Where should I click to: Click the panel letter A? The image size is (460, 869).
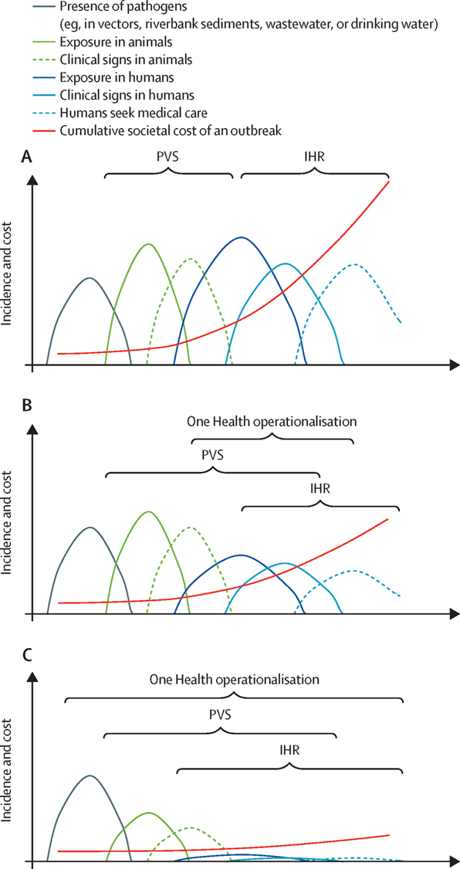click(26, 158)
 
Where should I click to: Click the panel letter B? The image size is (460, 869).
click(25, 406)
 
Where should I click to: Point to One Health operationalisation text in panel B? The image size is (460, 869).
click(270, 421)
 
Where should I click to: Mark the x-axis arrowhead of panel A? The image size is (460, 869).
click(453, 365)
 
